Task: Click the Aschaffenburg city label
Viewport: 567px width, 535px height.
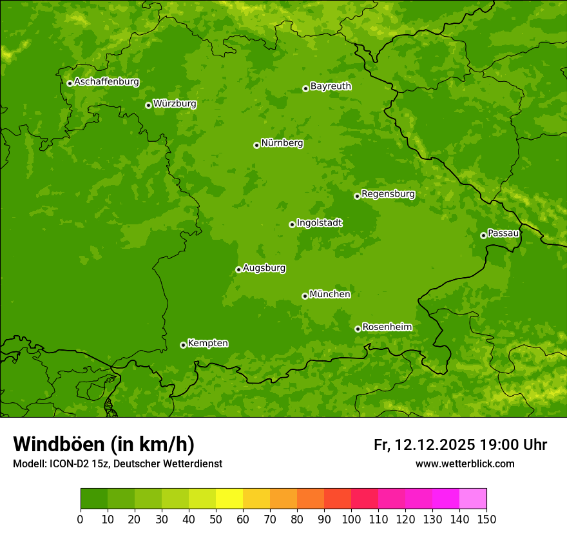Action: click(106, 82)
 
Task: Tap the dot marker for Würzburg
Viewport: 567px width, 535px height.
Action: click(148, 105)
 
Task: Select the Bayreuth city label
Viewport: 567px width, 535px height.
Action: click(331, 86)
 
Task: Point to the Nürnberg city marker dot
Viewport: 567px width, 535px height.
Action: click(256, 145)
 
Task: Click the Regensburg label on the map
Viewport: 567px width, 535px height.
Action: click(388, 193)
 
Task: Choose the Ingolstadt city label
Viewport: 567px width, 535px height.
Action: click(319, 222)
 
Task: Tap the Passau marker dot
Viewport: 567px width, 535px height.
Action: click(483, 235)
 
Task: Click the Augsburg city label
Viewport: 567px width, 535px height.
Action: click(264, 267)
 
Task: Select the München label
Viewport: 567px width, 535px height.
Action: click(330, 294)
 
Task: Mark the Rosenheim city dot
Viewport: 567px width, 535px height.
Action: click(358, 329)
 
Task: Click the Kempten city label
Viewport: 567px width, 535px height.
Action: click(207, 343)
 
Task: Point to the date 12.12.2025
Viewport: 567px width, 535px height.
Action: click(435, 445)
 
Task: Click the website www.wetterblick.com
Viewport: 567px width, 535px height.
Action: click(465, 463)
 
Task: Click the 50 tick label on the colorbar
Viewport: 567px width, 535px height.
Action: click(216, 519)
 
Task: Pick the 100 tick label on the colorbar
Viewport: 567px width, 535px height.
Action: click(351, 519)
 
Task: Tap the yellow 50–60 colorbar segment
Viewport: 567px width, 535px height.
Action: click(229, 499)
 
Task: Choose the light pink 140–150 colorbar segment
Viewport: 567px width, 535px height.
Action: click(473, 499)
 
